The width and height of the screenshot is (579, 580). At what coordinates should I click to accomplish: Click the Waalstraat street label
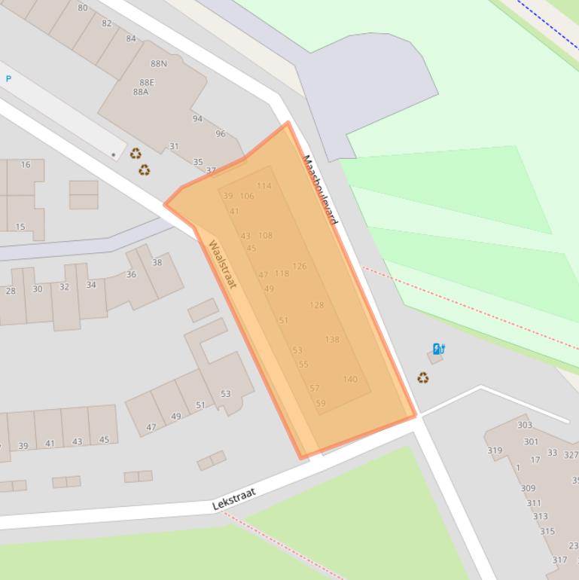tap(223, 264)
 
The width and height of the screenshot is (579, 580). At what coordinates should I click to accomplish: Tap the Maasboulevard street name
tap(321, 190)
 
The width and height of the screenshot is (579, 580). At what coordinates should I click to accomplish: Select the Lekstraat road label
tap(234, 499)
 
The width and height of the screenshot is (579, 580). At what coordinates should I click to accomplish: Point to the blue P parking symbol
tap(9, 79)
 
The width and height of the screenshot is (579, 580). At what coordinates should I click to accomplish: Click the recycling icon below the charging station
tap(423, 378)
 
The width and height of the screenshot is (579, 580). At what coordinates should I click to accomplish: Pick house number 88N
tap(159, 64)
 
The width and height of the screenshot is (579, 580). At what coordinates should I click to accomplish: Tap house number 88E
tap(147, 82)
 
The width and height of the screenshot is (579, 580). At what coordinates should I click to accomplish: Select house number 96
tap(221, 134)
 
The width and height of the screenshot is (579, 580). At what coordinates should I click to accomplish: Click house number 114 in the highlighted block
tap(264, 186)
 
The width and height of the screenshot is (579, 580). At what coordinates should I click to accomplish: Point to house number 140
tap(350, 380)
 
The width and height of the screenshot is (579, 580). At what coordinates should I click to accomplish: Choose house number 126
tap(300, 267)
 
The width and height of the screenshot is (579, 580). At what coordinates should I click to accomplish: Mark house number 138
tap(332, 340)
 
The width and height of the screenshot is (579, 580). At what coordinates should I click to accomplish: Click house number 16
tap(26, 164)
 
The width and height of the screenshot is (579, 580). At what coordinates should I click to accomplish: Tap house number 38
tap(157, 263)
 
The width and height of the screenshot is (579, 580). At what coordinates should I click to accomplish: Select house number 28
tap(11, 291)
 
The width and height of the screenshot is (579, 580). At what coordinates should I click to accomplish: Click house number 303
tap(525, 425)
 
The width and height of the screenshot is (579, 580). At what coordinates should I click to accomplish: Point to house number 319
tap(495, 451)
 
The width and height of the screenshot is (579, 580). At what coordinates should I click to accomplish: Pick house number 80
tap(83, 8)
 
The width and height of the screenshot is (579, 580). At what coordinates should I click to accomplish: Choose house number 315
tap(547, 531)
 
